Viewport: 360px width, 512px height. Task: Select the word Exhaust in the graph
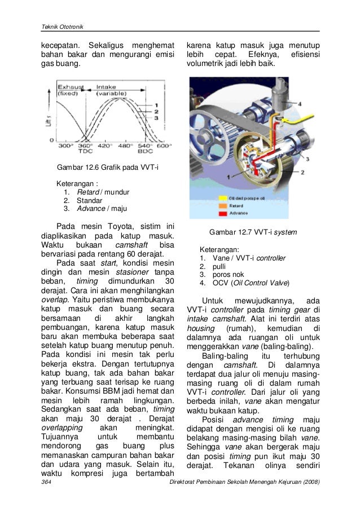(x=71, y=87)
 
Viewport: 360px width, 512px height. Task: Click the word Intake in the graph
(x=107, y=87)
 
